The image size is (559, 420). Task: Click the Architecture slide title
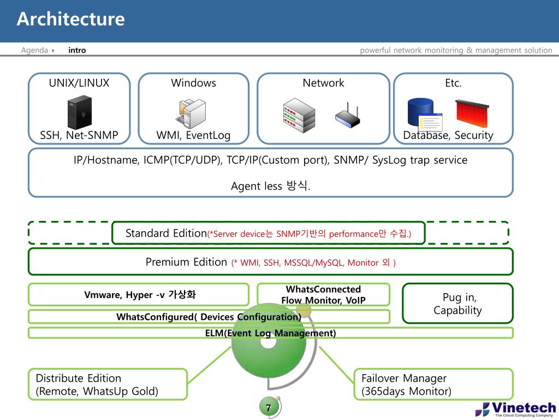coord(70,19)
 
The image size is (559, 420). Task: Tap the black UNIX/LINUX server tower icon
coord(80,112)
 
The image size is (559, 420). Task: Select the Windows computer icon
coord(191,113)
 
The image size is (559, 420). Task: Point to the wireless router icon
coord(348,115)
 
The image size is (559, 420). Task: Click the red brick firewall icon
coord(472,113)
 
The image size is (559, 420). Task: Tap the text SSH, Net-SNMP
coord(79,135)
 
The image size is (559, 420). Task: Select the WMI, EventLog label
coord(193,135)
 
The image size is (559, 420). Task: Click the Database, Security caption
coord(448,135)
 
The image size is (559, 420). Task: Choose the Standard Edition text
coord(166,233)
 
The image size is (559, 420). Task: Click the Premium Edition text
coord(186,262)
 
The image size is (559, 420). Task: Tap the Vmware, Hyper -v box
coord(139,294)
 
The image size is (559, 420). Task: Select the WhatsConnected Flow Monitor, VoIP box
coord(323,294)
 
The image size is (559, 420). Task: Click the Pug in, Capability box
coord(457,304)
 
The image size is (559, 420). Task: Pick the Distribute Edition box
coord(108,384)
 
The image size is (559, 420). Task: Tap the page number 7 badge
coord(268,407)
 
